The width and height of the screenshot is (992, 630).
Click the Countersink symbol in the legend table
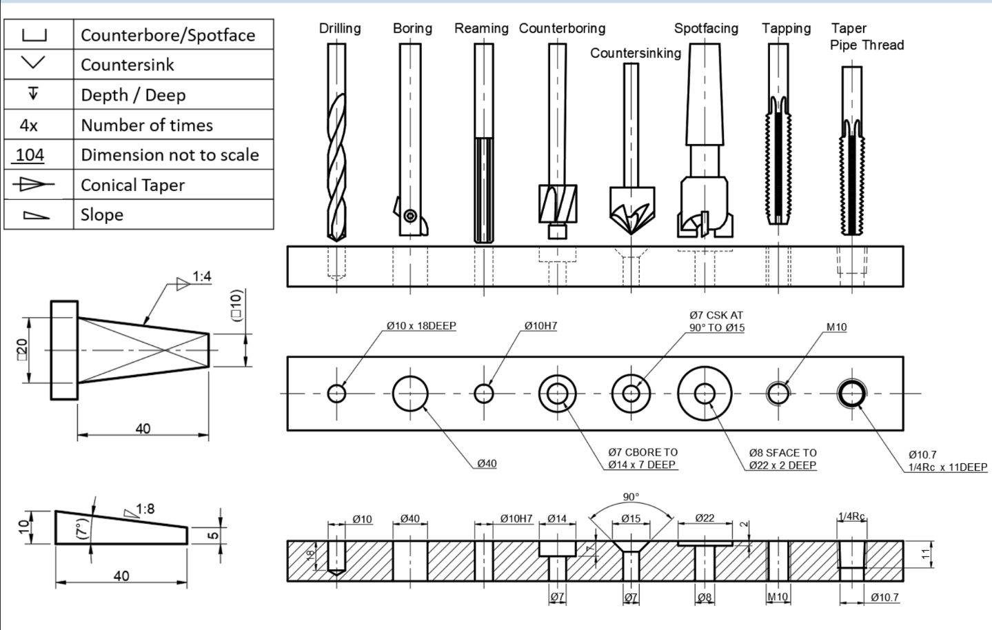coord(33,63)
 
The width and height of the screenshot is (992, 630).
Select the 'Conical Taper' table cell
coord(133,185)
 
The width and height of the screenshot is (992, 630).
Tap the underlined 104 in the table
coord(30,155)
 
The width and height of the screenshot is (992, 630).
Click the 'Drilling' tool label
coord(340,28)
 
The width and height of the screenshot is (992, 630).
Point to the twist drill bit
coord(336,165)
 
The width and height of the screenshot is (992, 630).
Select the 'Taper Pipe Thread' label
coord(867,37)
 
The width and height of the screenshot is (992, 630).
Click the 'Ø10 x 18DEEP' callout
coord(421,325)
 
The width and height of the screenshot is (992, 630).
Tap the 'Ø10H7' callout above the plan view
coord(540,325)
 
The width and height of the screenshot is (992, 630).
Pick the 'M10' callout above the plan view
coord(836,327)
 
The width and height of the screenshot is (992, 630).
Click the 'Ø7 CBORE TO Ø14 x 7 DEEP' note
coord(642,458)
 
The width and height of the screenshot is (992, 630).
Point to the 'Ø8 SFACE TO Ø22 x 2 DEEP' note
coord(782,459)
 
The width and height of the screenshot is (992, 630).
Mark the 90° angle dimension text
coord(631,497)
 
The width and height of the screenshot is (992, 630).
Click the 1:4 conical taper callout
coord(201,277)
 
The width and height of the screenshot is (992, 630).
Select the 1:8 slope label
coord(145,509)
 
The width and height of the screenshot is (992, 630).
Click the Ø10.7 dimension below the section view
coord(884,598)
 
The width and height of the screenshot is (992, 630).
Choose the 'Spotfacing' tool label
coord(706,28)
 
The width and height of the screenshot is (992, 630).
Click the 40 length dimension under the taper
coord(143,429)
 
